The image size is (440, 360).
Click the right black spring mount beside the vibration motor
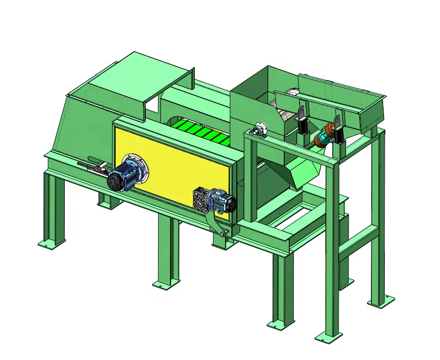338,130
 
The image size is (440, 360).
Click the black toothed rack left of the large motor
91,166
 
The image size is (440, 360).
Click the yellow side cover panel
173,163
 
